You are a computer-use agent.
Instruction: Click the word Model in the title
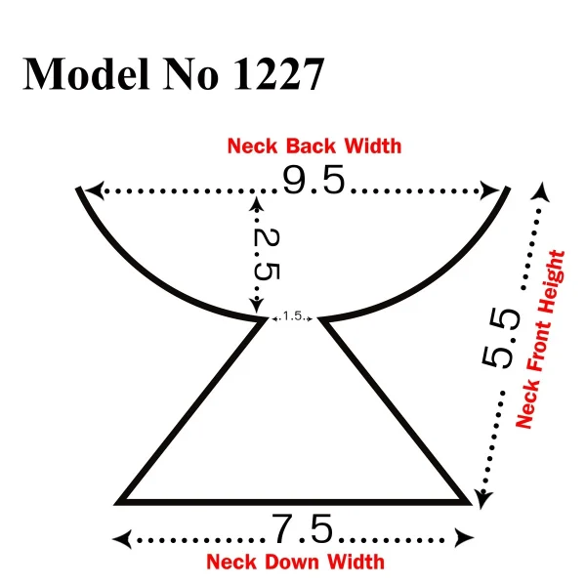click(x=86, y=73)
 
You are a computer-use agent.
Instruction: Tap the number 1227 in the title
click(x=278, y=73)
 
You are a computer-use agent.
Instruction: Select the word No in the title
click(x=191, y=73)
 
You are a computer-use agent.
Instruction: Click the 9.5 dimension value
click(x=314, y=180)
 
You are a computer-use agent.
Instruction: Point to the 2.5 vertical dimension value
click(x=267, y=254)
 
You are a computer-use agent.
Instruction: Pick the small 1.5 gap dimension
click(x=293, y=316)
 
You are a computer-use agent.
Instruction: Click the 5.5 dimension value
click(x=501, y=338)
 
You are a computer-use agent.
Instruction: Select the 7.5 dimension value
click(x=303, y=528)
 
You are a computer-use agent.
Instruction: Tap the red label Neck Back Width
click(x=314, y=146)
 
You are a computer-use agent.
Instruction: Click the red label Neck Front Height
click(x=540, y=339)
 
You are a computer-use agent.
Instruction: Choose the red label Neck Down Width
click(x=295, y=562)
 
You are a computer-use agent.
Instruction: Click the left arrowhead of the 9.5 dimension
click(x=94, y=190)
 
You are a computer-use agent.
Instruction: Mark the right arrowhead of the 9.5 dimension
click(x=489, y=190)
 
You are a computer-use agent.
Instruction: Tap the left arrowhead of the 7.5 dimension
click(x=122, y=539)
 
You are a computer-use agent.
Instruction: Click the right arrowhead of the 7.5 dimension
click(x=464, y=538)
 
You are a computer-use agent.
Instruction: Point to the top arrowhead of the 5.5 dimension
click(x=542, y=191)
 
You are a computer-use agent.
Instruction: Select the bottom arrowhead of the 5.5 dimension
click(x=483, y=499)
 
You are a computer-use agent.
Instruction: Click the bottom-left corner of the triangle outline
click(x=115, y=504)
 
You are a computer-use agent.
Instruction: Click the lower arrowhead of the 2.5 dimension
click(x=256, y=307)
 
